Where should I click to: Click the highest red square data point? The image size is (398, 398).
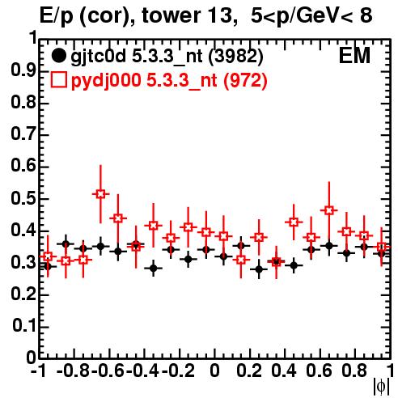tap(100, 194)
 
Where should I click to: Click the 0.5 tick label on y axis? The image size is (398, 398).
tap(23, 198)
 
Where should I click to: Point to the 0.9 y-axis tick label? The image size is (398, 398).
tap(23, 71)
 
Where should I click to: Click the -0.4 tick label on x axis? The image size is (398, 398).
tap(144, 370)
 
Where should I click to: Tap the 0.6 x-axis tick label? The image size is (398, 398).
tap(319, 370)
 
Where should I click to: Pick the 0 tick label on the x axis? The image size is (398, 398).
tap(214, 370)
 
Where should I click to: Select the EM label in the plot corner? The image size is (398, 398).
tap(354, 56)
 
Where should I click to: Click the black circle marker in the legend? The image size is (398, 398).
tap(58, 56)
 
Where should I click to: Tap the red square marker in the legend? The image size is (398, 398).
tap(58, 80)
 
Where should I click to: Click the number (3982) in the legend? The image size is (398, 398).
tap(235, 57)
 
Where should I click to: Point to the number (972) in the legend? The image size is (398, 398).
tap(245, 80)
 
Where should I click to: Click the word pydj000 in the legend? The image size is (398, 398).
tap(106, 81)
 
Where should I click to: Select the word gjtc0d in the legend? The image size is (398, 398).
tap(99, 57)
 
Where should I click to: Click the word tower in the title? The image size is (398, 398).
tap(171, 15)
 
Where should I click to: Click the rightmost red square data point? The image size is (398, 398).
tap(381, 247)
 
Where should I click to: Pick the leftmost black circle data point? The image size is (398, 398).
tap(48, 267)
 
